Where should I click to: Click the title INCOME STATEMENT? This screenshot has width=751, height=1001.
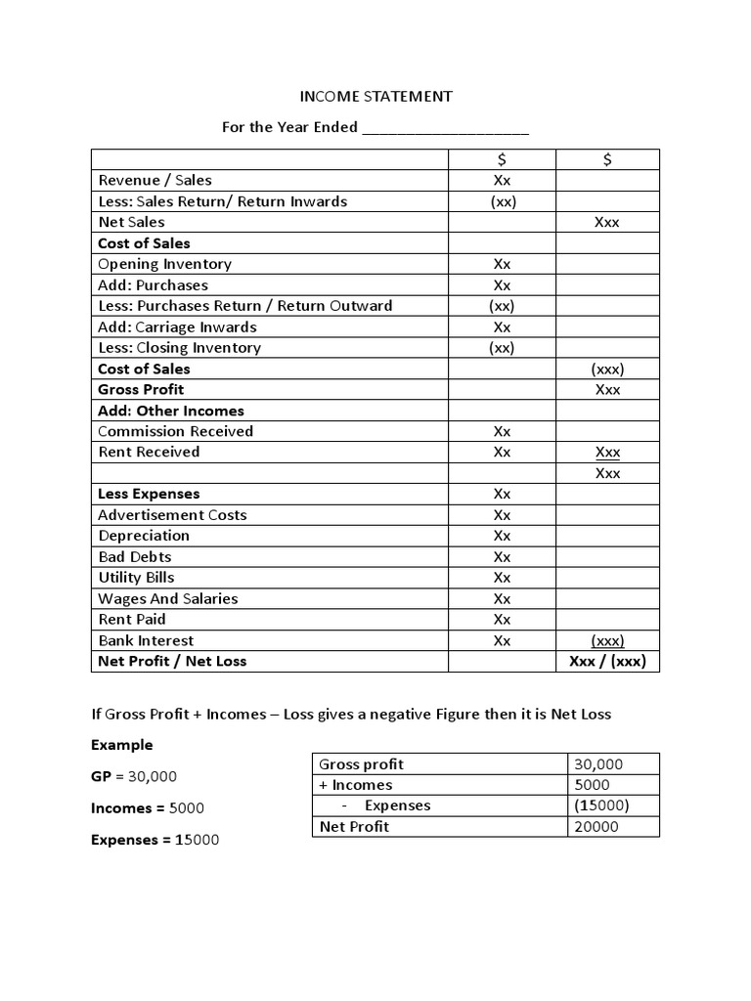pos(375,96)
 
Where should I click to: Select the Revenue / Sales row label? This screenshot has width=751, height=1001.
pos(155,180)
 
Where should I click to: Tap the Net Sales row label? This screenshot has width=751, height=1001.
pos(131,222)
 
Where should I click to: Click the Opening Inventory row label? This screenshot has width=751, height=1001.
pos(164,264)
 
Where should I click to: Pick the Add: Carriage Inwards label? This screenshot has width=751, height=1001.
pos(177,326)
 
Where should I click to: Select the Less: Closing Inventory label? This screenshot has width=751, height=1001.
pos(179,348)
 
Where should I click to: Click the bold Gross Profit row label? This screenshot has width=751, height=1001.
pos(141,389)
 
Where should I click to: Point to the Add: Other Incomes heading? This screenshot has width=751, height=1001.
pos(171,411)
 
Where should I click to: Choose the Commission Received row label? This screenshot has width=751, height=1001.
pos(175,431)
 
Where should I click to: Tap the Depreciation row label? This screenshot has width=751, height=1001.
pos(144,536)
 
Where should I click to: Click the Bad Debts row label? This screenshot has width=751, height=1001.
pos(135,556)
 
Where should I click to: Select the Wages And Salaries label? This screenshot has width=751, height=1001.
pos(167,598)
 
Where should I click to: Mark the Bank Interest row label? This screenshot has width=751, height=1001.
pos(146,640)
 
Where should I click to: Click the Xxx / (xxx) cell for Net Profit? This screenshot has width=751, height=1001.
pos(607,662)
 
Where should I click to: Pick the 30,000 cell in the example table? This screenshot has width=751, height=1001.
pos(598,764)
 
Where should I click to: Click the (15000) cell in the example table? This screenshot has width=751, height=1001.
pos(602,805)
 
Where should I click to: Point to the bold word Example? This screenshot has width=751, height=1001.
pos(122,745)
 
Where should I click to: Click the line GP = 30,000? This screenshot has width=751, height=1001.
pos(134,776)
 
